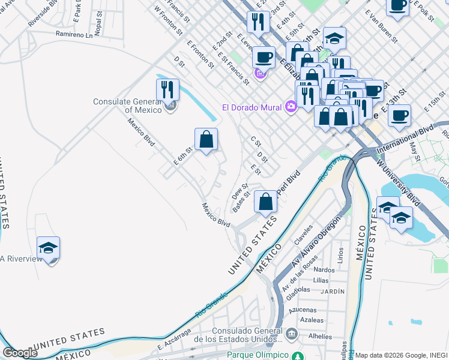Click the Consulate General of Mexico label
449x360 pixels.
(x=127, y=106)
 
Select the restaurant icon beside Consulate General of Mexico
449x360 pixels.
(x=167, y=89)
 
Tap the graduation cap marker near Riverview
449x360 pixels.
(x=49, y=247)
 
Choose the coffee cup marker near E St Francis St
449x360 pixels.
(x=264, y=58)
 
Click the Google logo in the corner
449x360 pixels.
(x=20, y=353)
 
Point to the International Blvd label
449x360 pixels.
(x=405, y=139)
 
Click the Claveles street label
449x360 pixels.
(x=303, y=234)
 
